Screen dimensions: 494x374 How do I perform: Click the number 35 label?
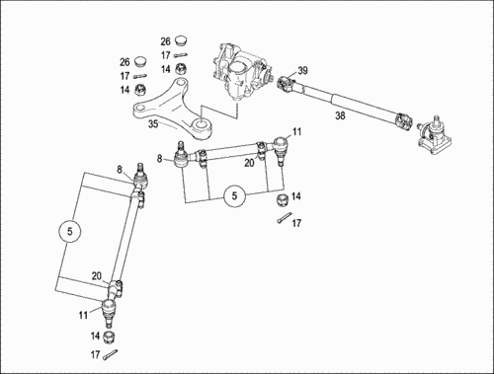(x=153, y=124)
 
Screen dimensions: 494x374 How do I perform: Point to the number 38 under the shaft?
(x=340, y=115)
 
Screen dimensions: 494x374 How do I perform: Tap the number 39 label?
(x=302, y=70)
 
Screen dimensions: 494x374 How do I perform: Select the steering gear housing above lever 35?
(x=241, y=72)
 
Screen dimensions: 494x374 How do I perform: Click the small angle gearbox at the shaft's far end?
(x=434, y=136)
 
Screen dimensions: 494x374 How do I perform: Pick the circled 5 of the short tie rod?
(x=234, y=196)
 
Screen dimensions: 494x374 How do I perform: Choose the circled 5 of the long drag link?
(x=69, y=231)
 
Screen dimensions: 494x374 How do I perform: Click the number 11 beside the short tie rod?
(x=296, y=132)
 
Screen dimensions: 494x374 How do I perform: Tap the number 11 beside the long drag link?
(x=83, y=315)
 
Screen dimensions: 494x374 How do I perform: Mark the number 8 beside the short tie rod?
(x=160, y=159)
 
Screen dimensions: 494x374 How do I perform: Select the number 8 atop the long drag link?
(x=120, y=170)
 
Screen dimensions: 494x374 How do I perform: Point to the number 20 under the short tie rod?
(x=249, y=163)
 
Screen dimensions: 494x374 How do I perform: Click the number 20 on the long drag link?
(x=97, y=276)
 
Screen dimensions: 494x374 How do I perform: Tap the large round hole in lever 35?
(x=201, y=124)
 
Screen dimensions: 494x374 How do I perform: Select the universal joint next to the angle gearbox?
(x=404, y=121)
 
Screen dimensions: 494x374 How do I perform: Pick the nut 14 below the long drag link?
(x=109, y=337)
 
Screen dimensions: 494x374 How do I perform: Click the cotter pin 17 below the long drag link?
(x=110, y=354)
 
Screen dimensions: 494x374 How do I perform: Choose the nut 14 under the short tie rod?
(x=283, y=200)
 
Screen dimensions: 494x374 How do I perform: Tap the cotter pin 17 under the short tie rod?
(x=285, y=218)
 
